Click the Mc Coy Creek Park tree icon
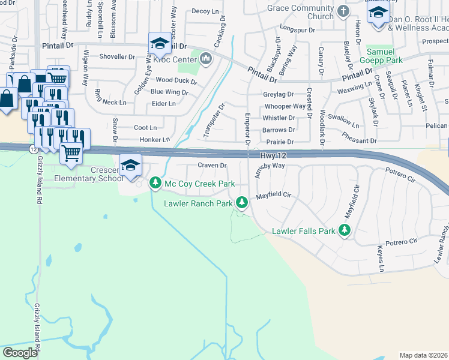tap(155, 182)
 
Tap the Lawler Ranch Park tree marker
tap(242, 202)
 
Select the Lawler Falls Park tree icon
tap(345, 230)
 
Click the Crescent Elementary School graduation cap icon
tap(130, 164)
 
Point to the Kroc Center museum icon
tap(206, 58)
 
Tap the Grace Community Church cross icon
tap(343, 11)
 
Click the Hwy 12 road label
tap(274, 155)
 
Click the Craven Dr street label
tap(212, 165)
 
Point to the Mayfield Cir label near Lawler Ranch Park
tap(273, 196)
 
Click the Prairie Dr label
tap(279, 142)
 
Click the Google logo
tap(20, 353)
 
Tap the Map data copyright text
tap(423, 355)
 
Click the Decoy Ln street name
tap(205, 11)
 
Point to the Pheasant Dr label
tap(359, 140)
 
